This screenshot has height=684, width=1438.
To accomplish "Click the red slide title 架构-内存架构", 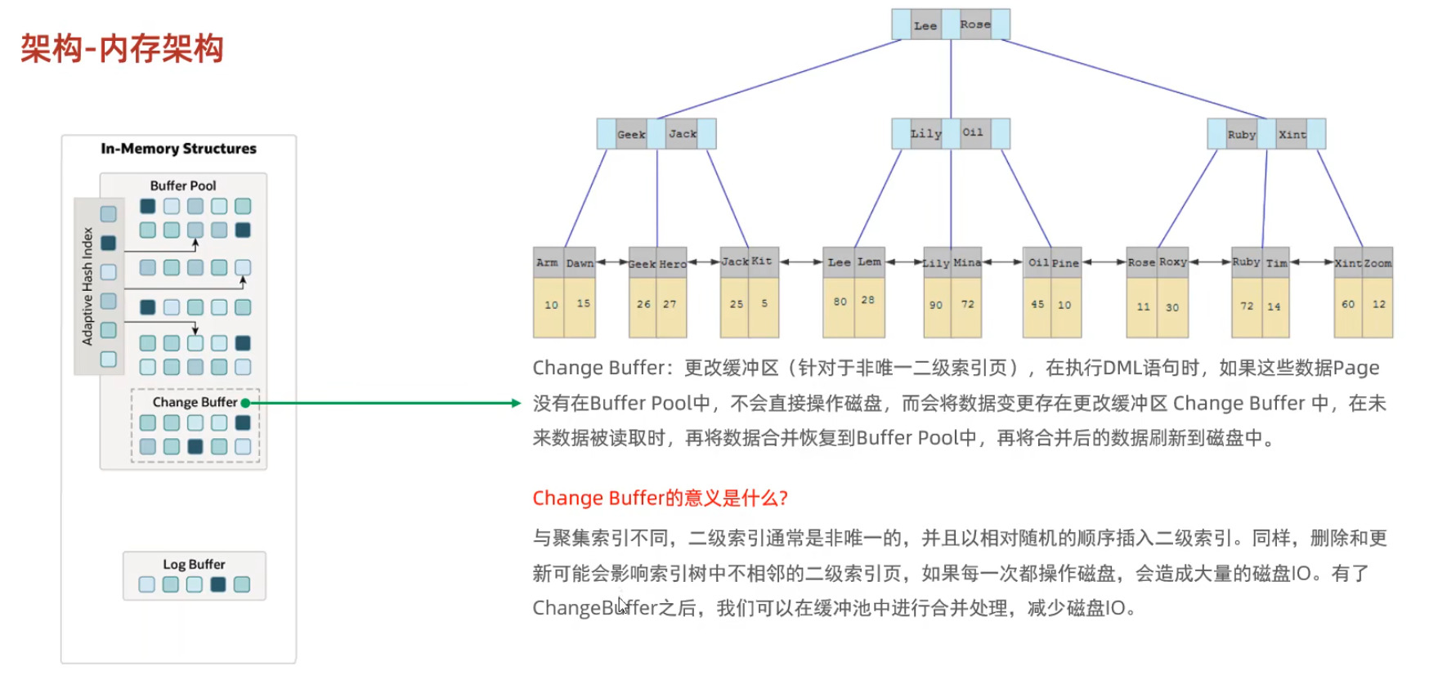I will click(x=122, y=48).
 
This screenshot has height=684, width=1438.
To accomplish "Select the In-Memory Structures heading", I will click(x=178, y=149).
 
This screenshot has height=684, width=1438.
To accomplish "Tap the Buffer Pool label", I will click(x=183, y=186).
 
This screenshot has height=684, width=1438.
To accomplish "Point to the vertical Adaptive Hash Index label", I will click(x=87, y=286).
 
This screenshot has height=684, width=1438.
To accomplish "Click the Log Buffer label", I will click(x=194, y=564).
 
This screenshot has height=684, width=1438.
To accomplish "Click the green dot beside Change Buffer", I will click(x=245, y=403).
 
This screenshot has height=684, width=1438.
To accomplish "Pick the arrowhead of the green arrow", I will click(x=516, y=403).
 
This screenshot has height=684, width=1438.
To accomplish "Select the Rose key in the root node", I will click(x=975, y=25).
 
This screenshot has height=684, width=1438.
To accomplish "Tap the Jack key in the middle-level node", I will click(x=683, y=134).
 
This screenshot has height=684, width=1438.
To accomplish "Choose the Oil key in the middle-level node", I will click(x=973, y=132).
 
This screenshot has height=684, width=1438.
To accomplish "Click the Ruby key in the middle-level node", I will click(x=1241, y=135).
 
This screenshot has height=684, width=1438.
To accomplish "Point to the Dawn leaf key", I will click(x=580, y=263).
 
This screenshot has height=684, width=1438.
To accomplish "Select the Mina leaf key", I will click(x=967, y=262).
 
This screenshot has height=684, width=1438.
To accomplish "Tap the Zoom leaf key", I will click(x=1378, y=263).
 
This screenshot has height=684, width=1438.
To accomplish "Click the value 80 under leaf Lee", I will click(x=840, y=302).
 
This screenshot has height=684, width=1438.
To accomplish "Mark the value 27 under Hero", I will click(x=670, y=304).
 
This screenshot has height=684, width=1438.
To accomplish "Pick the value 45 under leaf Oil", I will click(x=1037, y=304).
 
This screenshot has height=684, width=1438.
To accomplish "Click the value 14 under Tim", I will click(x=1274, y=306).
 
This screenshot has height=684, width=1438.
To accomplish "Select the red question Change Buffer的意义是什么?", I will click(x=660, y=498).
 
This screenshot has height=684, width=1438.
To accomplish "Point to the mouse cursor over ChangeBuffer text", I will click(x=622, y=606).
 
